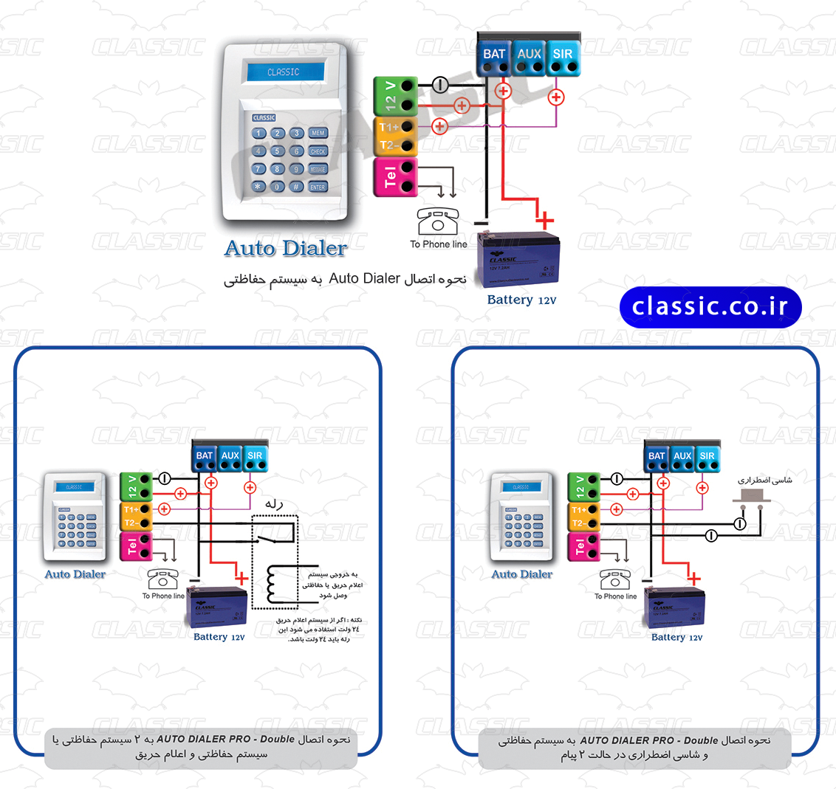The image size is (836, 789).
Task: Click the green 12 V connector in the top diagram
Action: (x=395, y=95)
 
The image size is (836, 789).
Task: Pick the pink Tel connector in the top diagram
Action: (x=395, y=176)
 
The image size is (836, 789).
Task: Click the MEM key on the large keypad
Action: (x=318, y=133)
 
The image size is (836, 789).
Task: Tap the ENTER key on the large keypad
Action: (x=318, y=187)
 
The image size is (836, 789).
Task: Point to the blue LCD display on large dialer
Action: (x=285, y=72)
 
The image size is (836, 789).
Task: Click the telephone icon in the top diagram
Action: (x=438, y=221)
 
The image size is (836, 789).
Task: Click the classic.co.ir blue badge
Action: (x=710, y=307)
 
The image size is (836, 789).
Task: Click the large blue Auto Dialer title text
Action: (x=286, y=248)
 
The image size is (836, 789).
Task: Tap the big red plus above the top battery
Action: (x=544, y=219)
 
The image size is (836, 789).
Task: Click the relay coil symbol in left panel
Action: (x=273, y=583)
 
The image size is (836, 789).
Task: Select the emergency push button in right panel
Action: (x=751, y=495)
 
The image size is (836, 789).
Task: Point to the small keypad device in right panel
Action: (x=521, y=517)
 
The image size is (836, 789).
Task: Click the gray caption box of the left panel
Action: (x=200, y=746)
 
